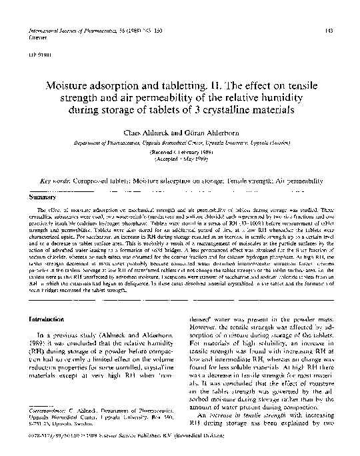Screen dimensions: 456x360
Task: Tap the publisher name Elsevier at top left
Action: coord(33,39)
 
